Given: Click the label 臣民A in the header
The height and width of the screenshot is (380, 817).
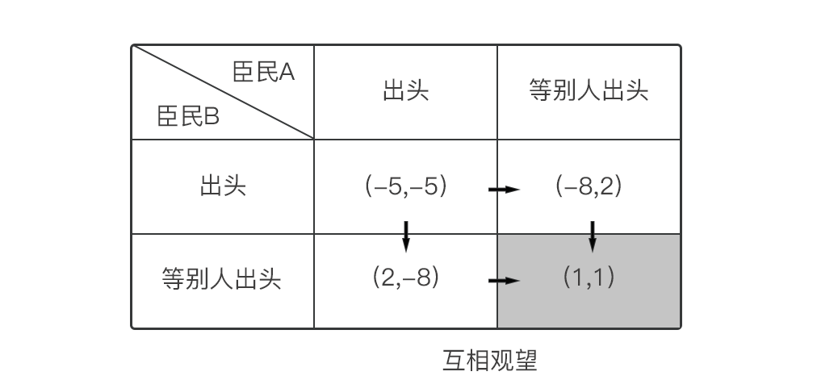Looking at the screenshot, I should (x=263, y=73).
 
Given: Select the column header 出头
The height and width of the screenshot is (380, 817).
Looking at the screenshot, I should (x=405, y=90).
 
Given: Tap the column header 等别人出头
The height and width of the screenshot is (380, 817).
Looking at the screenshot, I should (x=589, y=90).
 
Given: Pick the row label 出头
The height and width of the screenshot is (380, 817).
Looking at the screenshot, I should (x=222, y=187).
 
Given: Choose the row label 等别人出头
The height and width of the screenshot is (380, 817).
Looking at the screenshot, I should (x=222, y=279).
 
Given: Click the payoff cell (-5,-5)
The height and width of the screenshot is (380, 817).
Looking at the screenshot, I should (x=405, y=187).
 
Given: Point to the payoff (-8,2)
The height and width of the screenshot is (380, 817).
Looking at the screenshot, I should (x=589, y=187).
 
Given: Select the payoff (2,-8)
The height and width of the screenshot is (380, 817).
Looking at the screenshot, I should (x=405, y=278).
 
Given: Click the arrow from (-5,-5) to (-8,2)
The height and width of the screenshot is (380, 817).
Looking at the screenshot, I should (x=504, y=190).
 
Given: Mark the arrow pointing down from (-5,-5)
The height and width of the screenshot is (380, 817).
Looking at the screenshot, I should (x=406, y=234).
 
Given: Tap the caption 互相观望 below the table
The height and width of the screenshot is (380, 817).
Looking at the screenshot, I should (x=489, y=360).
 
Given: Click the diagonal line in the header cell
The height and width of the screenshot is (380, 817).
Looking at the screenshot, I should (x=223, y=92).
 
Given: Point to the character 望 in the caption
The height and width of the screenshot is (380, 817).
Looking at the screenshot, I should (x=526, y=360).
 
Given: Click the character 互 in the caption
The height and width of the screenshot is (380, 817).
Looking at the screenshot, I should (x=454, y=360).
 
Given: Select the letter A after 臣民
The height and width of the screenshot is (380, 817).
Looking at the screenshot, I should (x=287, y=73).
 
